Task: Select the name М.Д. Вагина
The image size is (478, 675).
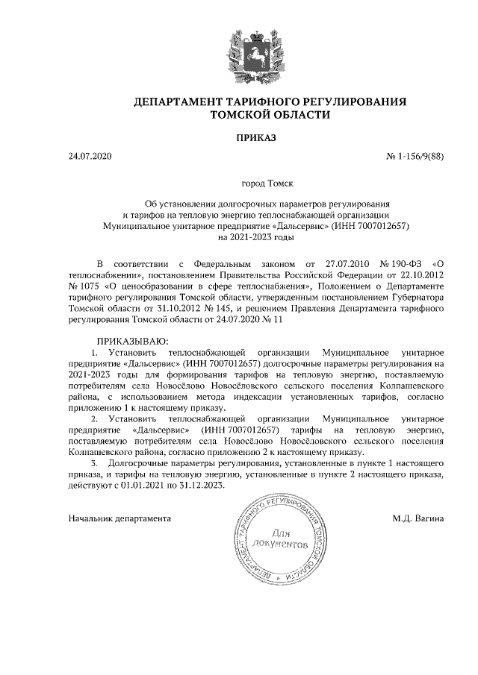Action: pos(418,517)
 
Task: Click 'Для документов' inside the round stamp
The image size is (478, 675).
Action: pos(282,539)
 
